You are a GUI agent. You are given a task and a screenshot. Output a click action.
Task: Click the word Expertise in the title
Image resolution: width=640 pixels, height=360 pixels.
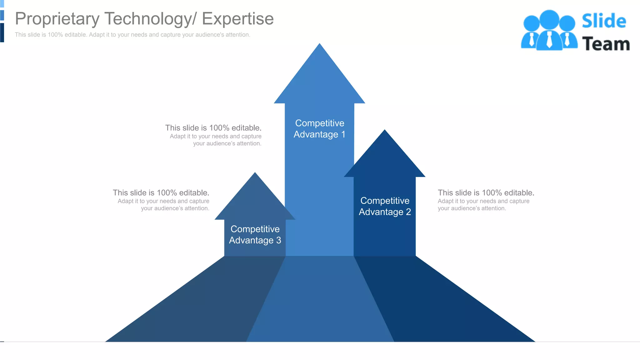click(237, 19)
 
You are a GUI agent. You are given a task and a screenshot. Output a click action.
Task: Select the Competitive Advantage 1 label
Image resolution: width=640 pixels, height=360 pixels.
click(319, 129)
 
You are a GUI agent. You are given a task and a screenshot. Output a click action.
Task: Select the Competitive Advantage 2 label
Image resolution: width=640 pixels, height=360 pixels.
click(385, 206)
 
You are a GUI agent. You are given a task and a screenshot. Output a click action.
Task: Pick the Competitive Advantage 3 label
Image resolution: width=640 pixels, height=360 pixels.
click(255, 235)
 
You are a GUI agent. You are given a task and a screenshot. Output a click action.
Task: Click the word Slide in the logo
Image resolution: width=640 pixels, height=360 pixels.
click(604, 21)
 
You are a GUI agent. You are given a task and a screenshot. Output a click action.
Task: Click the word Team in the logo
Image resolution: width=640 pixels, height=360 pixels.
click(606, 44)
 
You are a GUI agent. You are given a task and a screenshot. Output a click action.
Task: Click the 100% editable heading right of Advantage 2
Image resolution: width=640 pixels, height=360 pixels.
click(486, 193)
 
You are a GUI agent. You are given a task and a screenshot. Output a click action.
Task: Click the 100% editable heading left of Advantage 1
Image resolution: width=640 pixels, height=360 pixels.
click(213, 128)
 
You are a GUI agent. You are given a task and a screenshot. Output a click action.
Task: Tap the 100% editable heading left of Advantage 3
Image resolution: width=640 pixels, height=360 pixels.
click(161, 193)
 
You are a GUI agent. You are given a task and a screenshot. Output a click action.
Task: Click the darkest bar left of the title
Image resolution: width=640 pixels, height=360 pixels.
click(2, 32)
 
